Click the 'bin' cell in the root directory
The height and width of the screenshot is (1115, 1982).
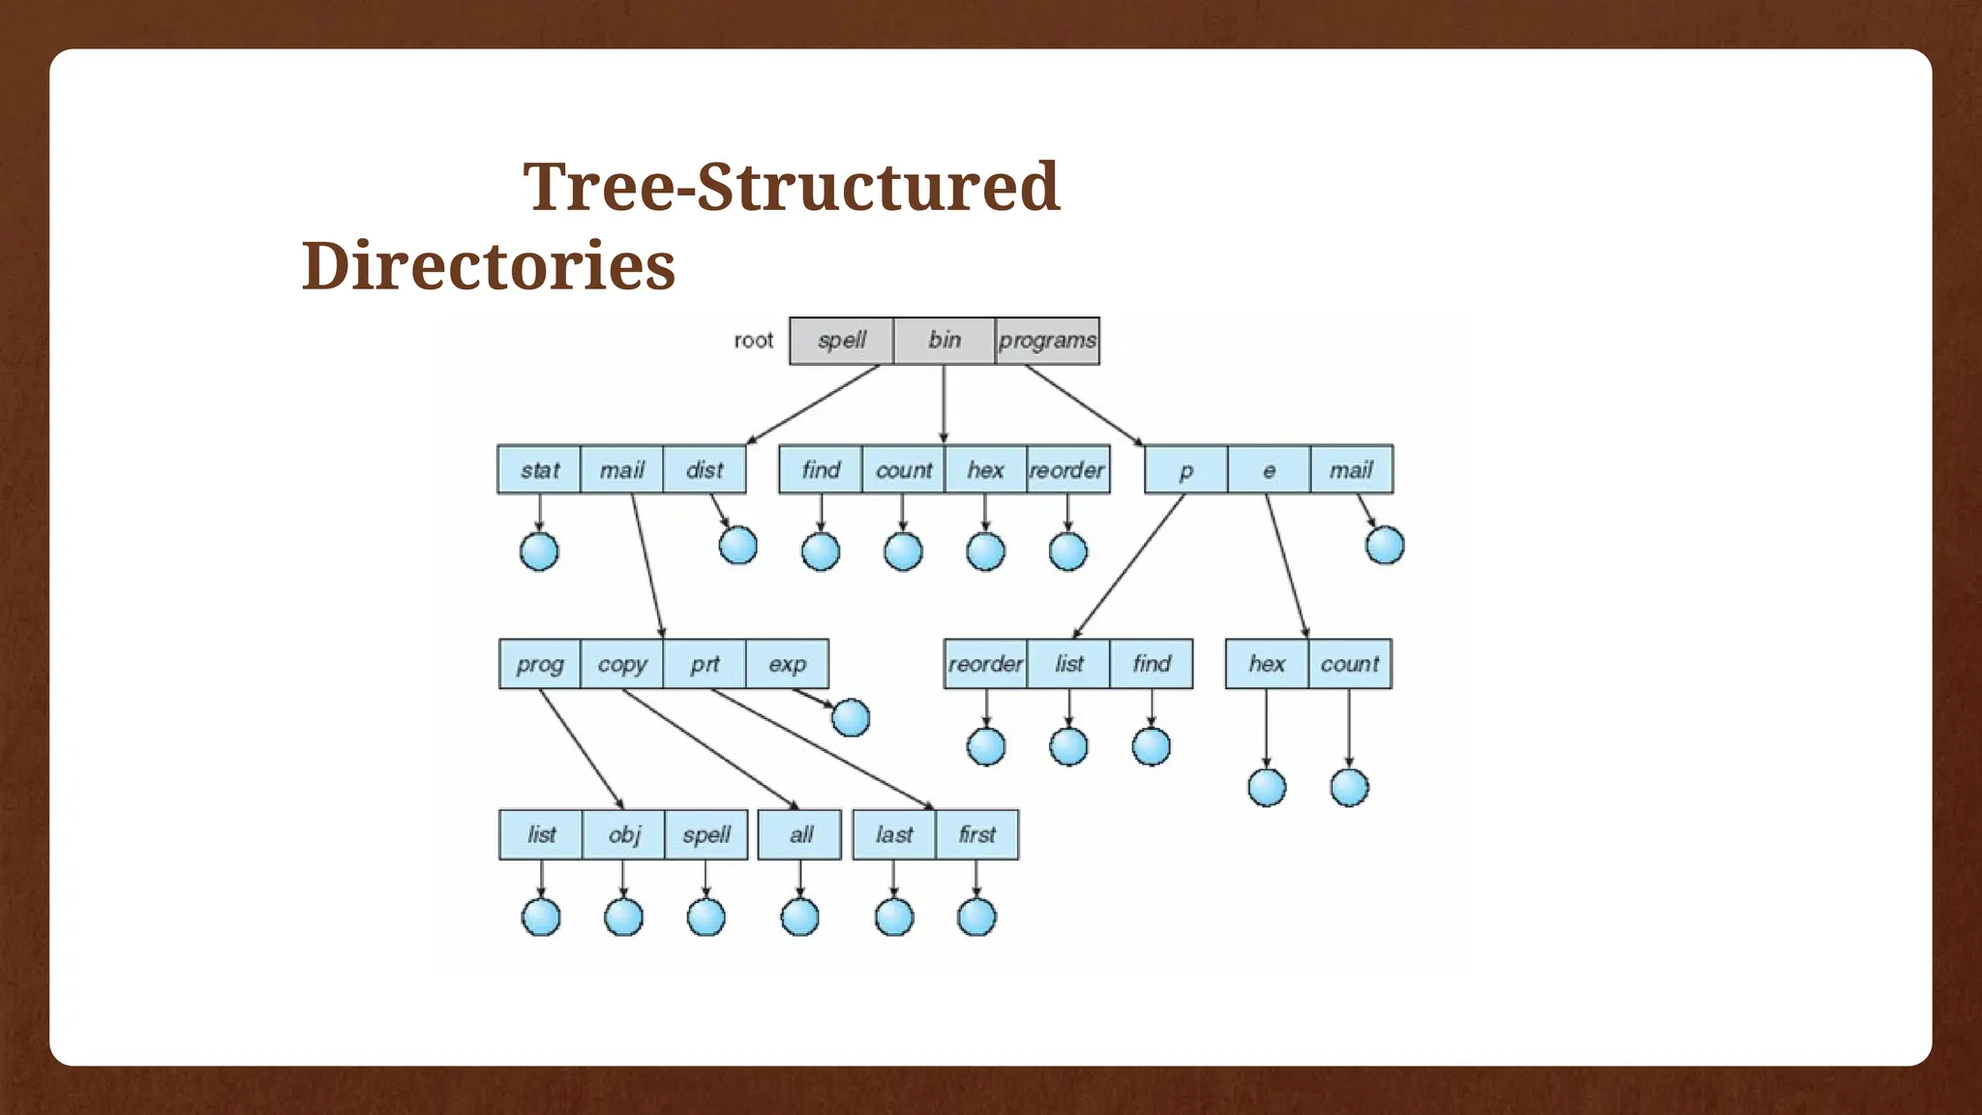tap(945, 340)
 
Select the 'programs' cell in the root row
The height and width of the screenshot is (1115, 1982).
tap(1047, 340)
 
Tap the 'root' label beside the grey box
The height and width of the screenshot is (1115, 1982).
tap(753, 341)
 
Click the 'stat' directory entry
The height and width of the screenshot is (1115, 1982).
tap(539, 469)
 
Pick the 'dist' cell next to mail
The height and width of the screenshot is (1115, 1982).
tap(705, 469)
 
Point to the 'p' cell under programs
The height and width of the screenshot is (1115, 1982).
tap(1186, 469)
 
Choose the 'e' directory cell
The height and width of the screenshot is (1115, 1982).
tap(1269, 469)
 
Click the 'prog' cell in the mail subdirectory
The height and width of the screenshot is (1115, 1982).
tap(540, 664)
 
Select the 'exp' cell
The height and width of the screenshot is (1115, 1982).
tap(787, 664)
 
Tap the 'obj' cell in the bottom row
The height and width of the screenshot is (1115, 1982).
tap(624, 834)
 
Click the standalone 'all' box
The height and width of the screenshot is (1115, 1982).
tap(800, 834)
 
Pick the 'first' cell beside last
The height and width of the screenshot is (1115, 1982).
tap(976, 834)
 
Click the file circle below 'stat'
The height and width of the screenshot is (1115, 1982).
tap(539, 552)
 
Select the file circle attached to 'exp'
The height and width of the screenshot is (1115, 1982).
tap(851, 717)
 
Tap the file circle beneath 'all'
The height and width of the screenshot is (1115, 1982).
tap(799, 917)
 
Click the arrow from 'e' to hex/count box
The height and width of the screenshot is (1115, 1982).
tap(1287, 566)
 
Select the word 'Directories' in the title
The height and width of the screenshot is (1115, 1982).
tap(488, 265)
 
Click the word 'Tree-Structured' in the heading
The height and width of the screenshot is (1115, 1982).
tap(791, 186)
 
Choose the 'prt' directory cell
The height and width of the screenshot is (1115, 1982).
tap(705, 664)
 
